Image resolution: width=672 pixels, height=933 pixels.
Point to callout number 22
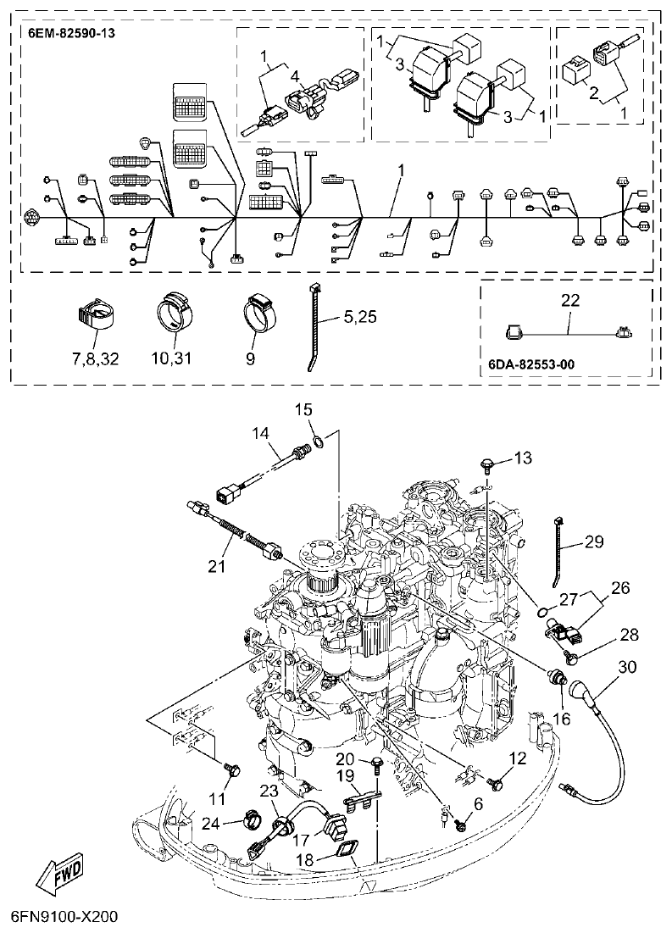pos(569,298)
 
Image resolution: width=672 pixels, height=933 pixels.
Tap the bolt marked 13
pos(489,464)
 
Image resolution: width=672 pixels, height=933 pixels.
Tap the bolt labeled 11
pos(233,769)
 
